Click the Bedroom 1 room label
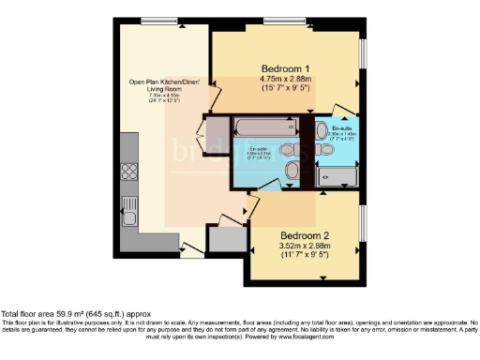285,68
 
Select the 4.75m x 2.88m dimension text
285,81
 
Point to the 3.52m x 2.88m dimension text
304,247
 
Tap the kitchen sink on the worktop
131,204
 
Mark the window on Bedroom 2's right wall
362,226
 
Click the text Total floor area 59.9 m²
56,313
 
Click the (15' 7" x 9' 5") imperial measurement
285,90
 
